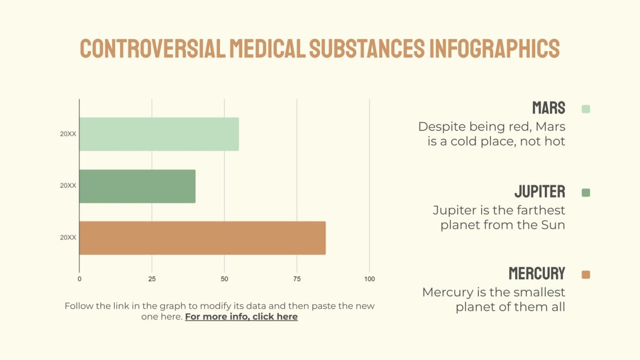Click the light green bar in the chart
point(159,134)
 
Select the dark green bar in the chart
point(137,186)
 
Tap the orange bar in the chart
point(202,238)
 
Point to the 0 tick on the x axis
point(79,279)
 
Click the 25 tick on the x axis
point(152,279)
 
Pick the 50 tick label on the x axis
point(224,279)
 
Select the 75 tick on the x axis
point(297,279)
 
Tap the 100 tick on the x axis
point(369,279)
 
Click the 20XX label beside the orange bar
point(68,238)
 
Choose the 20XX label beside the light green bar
point(68,134)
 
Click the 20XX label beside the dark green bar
point(68,186)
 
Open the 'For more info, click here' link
point(241,317)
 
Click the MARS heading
point(549,108)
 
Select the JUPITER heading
point(540,192)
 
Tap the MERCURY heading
point(537,274)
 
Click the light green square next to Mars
point(586,109)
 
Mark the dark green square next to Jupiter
point(586,193)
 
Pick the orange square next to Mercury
point(586,274)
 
